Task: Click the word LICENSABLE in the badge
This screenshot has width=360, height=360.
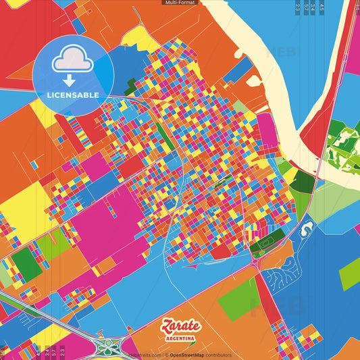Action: point(72,95)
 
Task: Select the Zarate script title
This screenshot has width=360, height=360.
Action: point(180,326)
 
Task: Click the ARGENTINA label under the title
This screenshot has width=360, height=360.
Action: point(180,338)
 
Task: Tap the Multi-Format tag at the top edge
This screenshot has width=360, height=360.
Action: point(180,3)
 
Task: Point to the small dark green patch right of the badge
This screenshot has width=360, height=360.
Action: point(131,86)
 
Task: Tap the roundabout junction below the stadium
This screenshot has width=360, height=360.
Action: point(258,265)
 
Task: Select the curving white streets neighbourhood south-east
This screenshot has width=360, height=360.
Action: point(284,277)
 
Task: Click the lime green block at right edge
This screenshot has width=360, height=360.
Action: point(350,274)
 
